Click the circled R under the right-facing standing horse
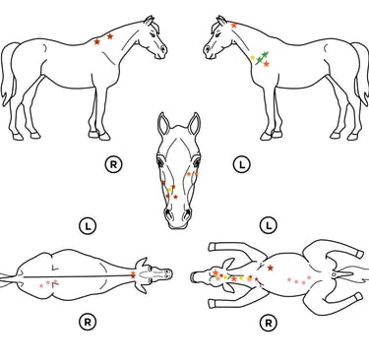click(113, 164)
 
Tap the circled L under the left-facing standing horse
click(242, 164)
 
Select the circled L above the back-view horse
click(88, 226)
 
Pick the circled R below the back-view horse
click(88, 323)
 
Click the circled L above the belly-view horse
click(269, 225)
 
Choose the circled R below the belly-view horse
click(269, 324)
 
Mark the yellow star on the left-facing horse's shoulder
click(252, 58)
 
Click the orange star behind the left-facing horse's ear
click(233, 26)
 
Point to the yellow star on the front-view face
click(169, 190)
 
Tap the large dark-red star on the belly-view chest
click(271, 268)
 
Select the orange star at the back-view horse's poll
click(133, 274)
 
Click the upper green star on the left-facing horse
click(265, 54)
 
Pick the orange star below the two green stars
click(266, 64)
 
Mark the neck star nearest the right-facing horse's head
click(110, 36)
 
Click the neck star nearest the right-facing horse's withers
click(96, 42)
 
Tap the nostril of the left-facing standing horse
click(208, 49)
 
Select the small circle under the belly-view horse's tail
click(334, 274)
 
